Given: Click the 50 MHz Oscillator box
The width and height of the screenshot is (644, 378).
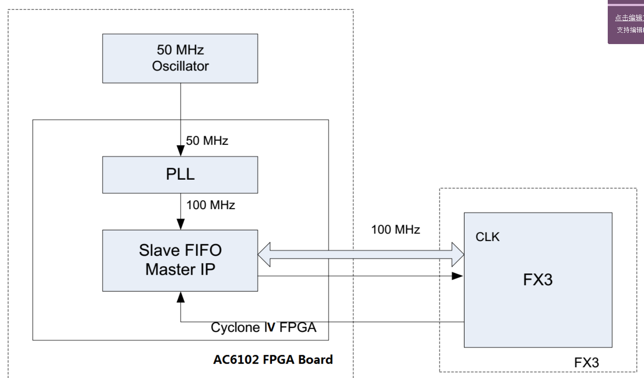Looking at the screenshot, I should tap(180, 58).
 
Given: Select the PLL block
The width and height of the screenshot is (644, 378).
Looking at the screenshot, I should tap(180, 175).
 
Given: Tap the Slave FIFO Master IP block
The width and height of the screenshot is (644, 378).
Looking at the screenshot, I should tap(180, 260).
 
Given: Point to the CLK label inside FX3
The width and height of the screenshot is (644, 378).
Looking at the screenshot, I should tap(487, 237).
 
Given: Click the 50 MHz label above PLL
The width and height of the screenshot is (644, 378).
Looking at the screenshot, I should tap(207, 141).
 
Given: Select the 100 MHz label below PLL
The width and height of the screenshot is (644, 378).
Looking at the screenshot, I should tap(211, 205).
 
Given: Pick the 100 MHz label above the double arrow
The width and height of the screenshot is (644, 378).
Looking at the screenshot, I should tap(395, 229).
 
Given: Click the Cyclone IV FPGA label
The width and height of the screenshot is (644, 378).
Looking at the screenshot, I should tap(263, 327).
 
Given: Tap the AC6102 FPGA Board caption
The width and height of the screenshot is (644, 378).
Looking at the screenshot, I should tap(273, 359).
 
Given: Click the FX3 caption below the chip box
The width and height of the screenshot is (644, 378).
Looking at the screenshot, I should tap(586, 362).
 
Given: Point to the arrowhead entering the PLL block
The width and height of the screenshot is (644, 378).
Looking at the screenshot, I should tap(181, 151).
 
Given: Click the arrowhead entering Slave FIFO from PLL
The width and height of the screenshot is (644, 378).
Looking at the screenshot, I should tap(181, 224).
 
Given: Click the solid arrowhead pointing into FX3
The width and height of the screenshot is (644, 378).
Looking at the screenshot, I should tap(457, 276).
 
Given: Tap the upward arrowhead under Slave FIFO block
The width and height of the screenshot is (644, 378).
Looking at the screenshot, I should tap(181, 297).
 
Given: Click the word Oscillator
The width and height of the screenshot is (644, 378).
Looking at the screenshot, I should tap(180, 66).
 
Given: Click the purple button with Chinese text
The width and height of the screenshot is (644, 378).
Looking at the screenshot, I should tap(626, 24).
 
